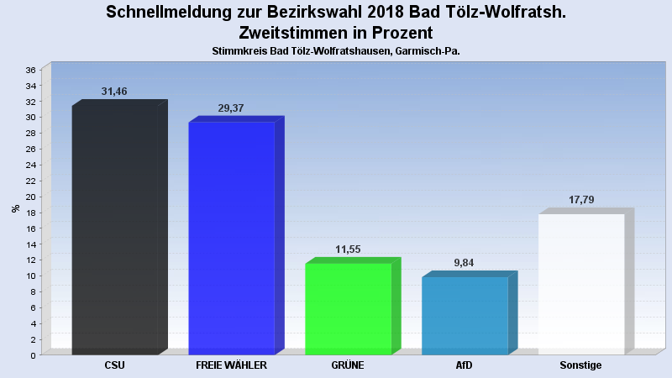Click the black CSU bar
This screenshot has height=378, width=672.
(119, 227)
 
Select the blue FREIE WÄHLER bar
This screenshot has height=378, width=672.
(236, 235)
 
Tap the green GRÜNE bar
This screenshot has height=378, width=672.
(353, 306)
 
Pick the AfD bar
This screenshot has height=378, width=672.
(470, 312)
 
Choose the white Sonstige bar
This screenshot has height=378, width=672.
(586, 281)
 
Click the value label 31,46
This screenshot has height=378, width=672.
(114, 92)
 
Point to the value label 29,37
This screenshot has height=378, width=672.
(230, 108)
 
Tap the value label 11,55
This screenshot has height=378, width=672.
(348, 249)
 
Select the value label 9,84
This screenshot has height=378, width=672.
(464, 263)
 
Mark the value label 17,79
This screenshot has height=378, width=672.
(581, 200)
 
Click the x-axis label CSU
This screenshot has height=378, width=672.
(114, 365)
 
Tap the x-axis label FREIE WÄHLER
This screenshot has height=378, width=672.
(231, 365)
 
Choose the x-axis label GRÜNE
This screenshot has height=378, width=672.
(348, 365)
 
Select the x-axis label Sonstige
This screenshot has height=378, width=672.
(580, 365)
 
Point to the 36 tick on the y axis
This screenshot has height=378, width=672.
(31, 70)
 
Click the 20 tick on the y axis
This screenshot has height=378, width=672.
(31, 197)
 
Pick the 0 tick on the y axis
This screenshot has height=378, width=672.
(34, 355)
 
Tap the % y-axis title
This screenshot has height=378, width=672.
(16, 208)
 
